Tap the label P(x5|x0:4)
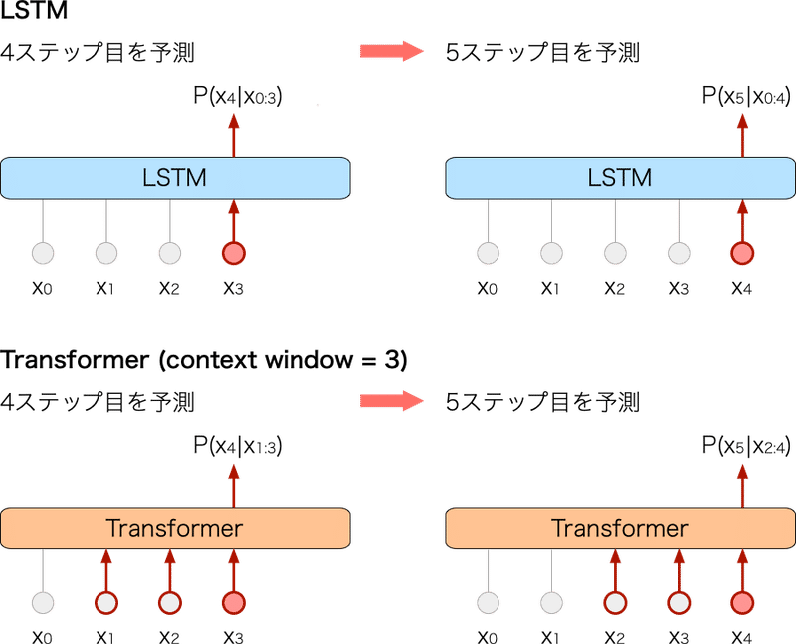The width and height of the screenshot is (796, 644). tap(744, 96)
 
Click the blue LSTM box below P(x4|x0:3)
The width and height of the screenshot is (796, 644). tap(176, 178)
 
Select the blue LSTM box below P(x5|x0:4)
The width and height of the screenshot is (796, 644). tap(619, 178)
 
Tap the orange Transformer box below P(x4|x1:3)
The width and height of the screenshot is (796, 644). tap(176, 528)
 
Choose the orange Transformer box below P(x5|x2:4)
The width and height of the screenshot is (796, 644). tap(619, 528)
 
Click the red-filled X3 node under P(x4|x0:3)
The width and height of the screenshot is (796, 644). tap(234, 254)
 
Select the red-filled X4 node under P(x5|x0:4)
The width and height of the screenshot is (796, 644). tap(742, 254)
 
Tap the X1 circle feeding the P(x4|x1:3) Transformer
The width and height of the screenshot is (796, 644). tap(105, 603)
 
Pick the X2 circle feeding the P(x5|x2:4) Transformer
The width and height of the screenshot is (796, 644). tap(615, 603)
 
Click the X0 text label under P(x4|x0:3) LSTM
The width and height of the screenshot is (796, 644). tap(42, 289)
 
